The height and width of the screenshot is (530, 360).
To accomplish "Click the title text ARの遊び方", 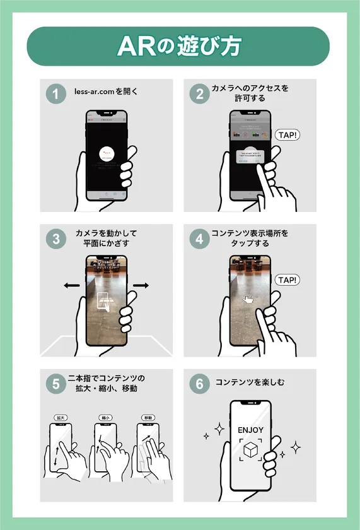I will click(180, 46).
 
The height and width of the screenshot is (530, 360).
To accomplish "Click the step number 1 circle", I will click(55, 94).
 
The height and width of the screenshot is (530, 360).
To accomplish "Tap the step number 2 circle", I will click(199, 94).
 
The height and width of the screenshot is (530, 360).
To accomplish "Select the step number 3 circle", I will click(55, 239).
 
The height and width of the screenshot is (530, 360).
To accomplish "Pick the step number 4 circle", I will click(199, 239).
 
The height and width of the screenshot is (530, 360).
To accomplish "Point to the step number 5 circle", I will click(55, 384).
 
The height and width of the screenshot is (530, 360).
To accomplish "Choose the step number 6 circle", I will click(199, 384).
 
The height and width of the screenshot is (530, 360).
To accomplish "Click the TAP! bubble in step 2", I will click(287, 134).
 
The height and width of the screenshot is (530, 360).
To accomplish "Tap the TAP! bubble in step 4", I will click(287, 280).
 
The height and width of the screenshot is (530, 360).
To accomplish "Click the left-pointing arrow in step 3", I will click(71, 286).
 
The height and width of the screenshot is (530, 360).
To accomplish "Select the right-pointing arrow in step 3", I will click(141, 286).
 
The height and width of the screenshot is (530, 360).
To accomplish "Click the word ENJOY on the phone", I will click(250, 430).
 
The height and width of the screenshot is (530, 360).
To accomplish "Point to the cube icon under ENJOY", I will click(250, 450).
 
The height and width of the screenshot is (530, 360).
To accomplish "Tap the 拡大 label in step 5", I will click(61, 418).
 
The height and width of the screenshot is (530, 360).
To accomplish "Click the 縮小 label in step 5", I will click(105, 418).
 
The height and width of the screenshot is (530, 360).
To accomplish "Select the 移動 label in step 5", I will click(148, 418).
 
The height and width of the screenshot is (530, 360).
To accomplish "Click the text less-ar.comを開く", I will click(107, 91).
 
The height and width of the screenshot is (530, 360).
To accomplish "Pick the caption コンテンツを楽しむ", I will click(250, 382).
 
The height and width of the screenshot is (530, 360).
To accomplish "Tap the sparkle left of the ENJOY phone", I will click(219, 430).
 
